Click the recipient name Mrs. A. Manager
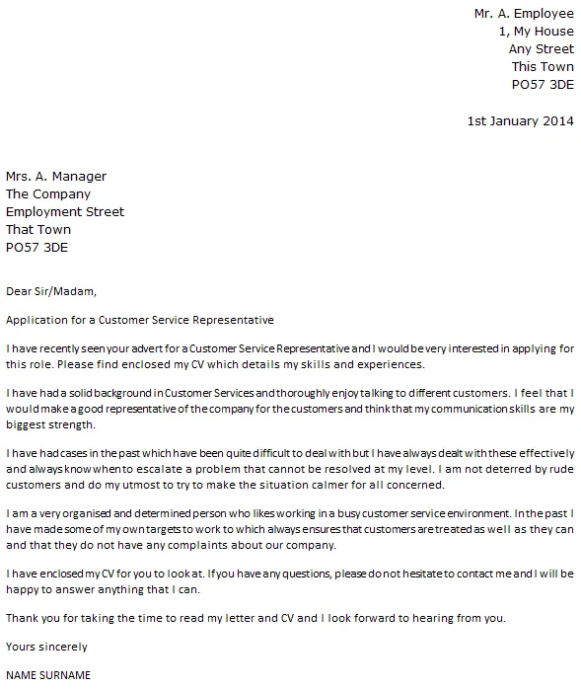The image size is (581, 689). tap(56, 177)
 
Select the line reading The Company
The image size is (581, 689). tap(48, 194)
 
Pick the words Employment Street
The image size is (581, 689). tap(65, 212)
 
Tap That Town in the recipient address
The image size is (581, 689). tap(38, 230)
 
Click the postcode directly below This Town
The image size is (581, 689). tap(542, 85)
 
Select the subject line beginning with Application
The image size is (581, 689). tap(139, 321)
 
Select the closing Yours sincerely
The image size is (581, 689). tap(46, 648)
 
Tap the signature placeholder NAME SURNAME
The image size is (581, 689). tap(48, 676)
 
